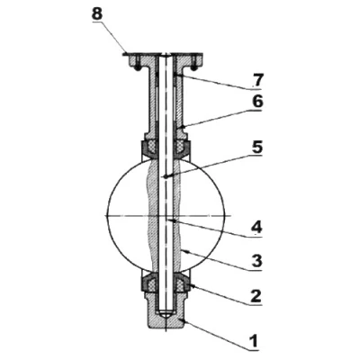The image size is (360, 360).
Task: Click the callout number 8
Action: tap(97, 14)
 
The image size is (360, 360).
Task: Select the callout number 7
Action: tap(257, 80)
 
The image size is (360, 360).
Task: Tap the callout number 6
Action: tap(257, 102)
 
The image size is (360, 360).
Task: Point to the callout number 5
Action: tap(257, 148)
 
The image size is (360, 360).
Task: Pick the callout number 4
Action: tap(257, 228)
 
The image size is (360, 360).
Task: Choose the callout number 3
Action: tap(257, 261)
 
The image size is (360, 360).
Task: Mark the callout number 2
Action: tap(256, 296)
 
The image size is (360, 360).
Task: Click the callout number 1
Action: tap(254, 341)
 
